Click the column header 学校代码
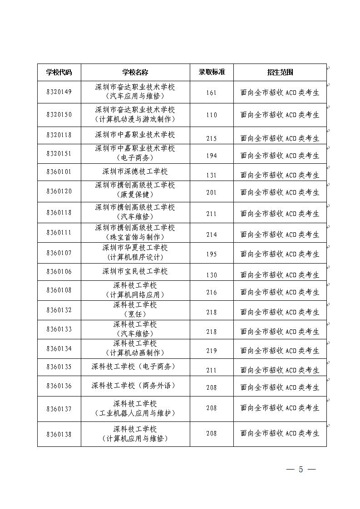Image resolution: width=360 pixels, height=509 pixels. [x=59, y=72]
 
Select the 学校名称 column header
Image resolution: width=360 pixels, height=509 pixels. [x=135, y=72]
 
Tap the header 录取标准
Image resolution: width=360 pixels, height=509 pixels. [x=212, y=72]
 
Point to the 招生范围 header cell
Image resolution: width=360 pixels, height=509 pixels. [x=280, y=72]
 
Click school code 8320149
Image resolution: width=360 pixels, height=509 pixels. [x=59, y=92]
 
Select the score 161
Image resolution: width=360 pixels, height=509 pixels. [x=212, y=93]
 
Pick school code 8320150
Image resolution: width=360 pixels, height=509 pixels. [x=59, y=114]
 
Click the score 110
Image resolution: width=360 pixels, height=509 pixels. [x=212, y=115]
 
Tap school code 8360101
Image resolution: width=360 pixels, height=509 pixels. [x=59, y=172]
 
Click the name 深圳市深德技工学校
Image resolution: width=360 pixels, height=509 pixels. [x=135, y=171]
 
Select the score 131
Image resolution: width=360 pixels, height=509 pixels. [x=212, y=175]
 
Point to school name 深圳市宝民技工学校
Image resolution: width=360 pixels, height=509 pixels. [x=135, y=271]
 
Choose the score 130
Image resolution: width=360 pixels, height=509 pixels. [x=212, y=275]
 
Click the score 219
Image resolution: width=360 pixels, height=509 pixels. [x=212, y=351]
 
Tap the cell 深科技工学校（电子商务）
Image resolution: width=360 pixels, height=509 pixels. [x=135, y=367]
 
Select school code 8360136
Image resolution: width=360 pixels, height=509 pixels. [x=59, y=386]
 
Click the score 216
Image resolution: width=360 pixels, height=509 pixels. [x=212, y=292]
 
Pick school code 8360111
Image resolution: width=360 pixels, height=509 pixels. [x=59, y=232]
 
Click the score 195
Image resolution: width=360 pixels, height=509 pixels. [x=212, y=254]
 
